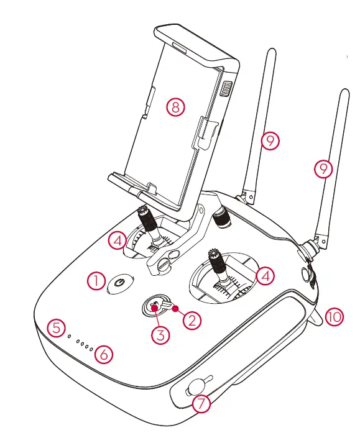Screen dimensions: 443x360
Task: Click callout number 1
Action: [x=96, y=281]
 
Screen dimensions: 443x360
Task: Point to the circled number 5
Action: [x=57, y=327]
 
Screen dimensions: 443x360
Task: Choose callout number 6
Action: [x=103, y=355]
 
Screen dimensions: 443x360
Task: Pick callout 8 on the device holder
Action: [x=175, y=107]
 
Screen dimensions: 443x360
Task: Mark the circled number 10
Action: [x=334, y=317]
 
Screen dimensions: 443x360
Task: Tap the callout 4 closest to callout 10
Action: [x=265, y=275]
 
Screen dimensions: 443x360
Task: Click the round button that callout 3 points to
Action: [x=154, y=304]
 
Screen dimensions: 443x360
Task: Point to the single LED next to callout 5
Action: [x=70, y=337]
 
